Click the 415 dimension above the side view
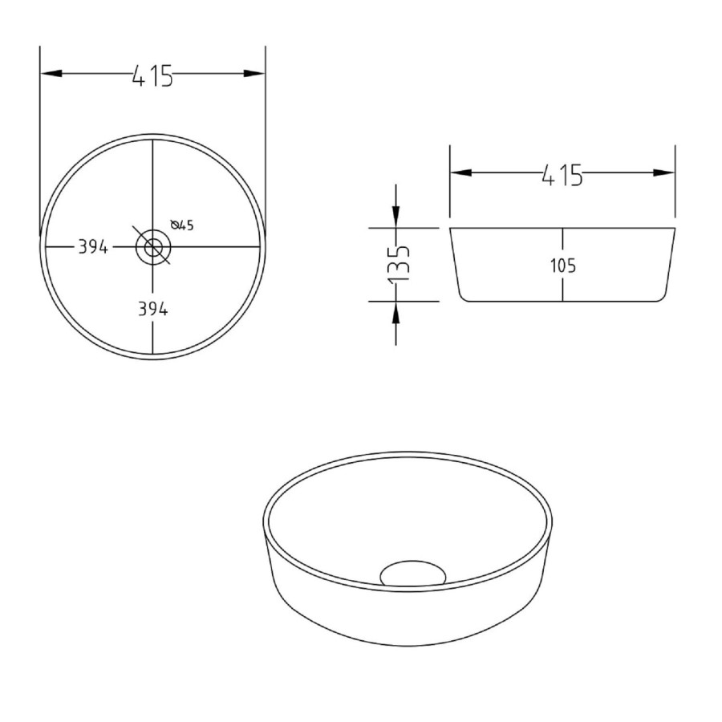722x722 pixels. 562,173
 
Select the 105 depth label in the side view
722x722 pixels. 563,266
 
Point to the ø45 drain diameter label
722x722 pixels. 182,225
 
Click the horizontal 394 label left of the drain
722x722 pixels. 93,247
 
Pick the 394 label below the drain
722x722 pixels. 152,310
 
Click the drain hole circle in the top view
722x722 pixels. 152,246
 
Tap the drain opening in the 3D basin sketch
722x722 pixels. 412,573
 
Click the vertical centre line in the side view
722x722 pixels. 563,241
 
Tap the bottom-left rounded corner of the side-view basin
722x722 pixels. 464,296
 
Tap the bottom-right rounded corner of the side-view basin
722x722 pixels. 662,296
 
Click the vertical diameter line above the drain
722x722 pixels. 152,185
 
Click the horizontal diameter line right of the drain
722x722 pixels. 217,246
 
